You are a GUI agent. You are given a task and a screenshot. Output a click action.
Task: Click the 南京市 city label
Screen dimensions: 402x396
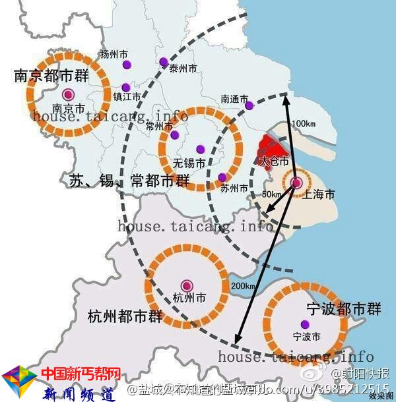(68, 108)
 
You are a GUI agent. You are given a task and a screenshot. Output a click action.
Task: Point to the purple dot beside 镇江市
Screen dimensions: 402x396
(125, 87)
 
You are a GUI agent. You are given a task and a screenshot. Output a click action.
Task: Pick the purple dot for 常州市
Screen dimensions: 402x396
(175, 135)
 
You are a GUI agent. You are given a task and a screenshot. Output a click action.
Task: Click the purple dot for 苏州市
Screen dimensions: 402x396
(222, 177)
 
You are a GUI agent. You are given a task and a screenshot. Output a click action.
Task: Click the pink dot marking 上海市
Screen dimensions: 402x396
(296, 183)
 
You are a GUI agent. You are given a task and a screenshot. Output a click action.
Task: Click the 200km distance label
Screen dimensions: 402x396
(243, 286)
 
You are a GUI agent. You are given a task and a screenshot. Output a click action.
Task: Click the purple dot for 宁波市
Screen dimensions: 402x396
(304, 324)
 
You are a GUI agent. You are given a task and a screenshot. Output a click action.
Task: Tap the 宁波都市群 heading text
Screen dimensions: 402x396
(343, 308)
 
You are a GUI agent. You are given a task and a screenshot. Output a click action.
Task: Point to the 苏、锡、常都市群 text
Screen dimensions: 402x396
(129, 181)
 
